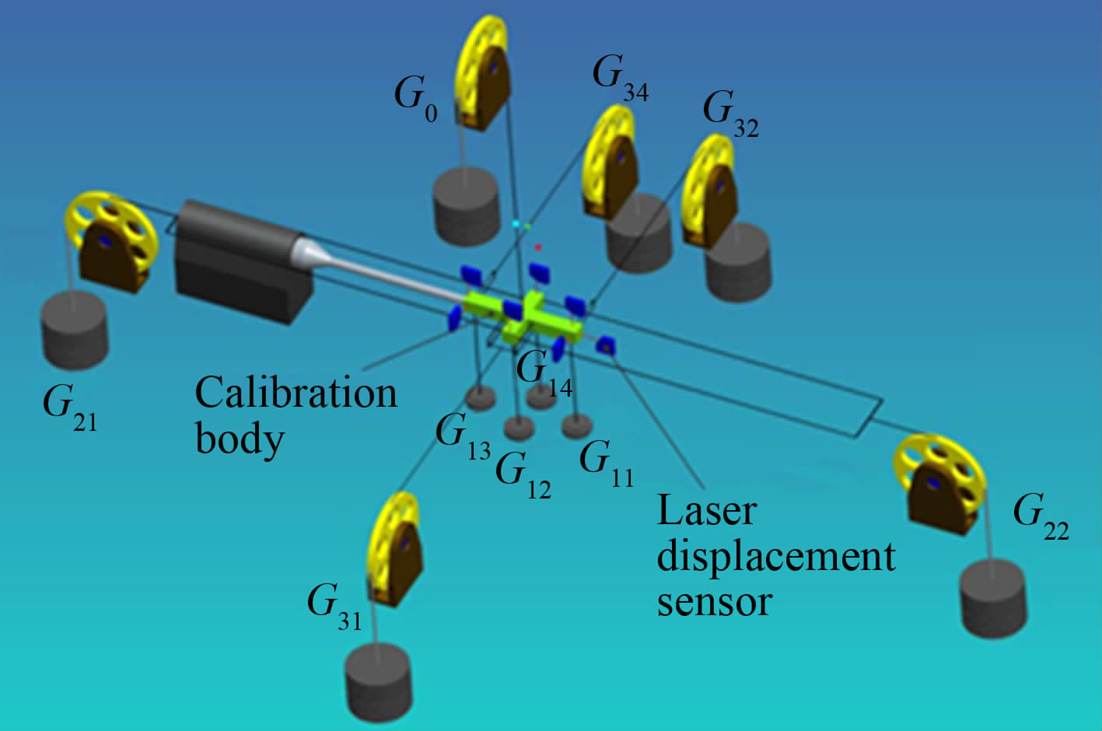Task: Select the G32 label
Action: [730, 113]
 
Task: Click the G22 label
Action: [1041, 516]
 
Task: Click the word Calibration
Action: [296, 393]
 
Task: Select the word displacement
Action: [776, 557]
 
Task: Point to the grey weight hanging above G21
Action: [74, 331]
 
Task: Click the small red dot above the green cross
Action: [537, 247]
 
